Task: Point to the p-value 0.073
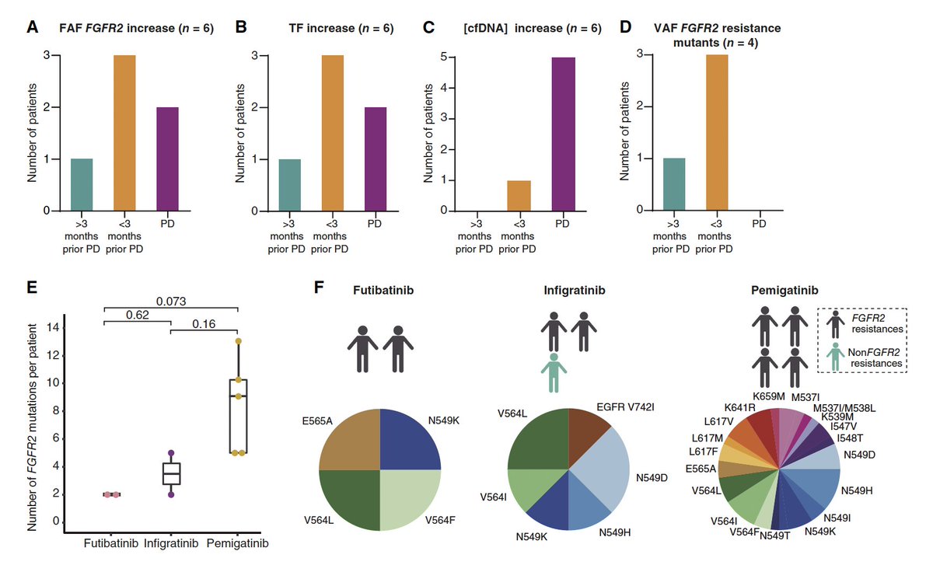[x=170, y=299]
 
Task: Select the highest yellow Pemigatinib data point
[x=238, y=341]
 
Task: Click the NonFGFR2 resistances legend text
[x=875, y=357]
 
